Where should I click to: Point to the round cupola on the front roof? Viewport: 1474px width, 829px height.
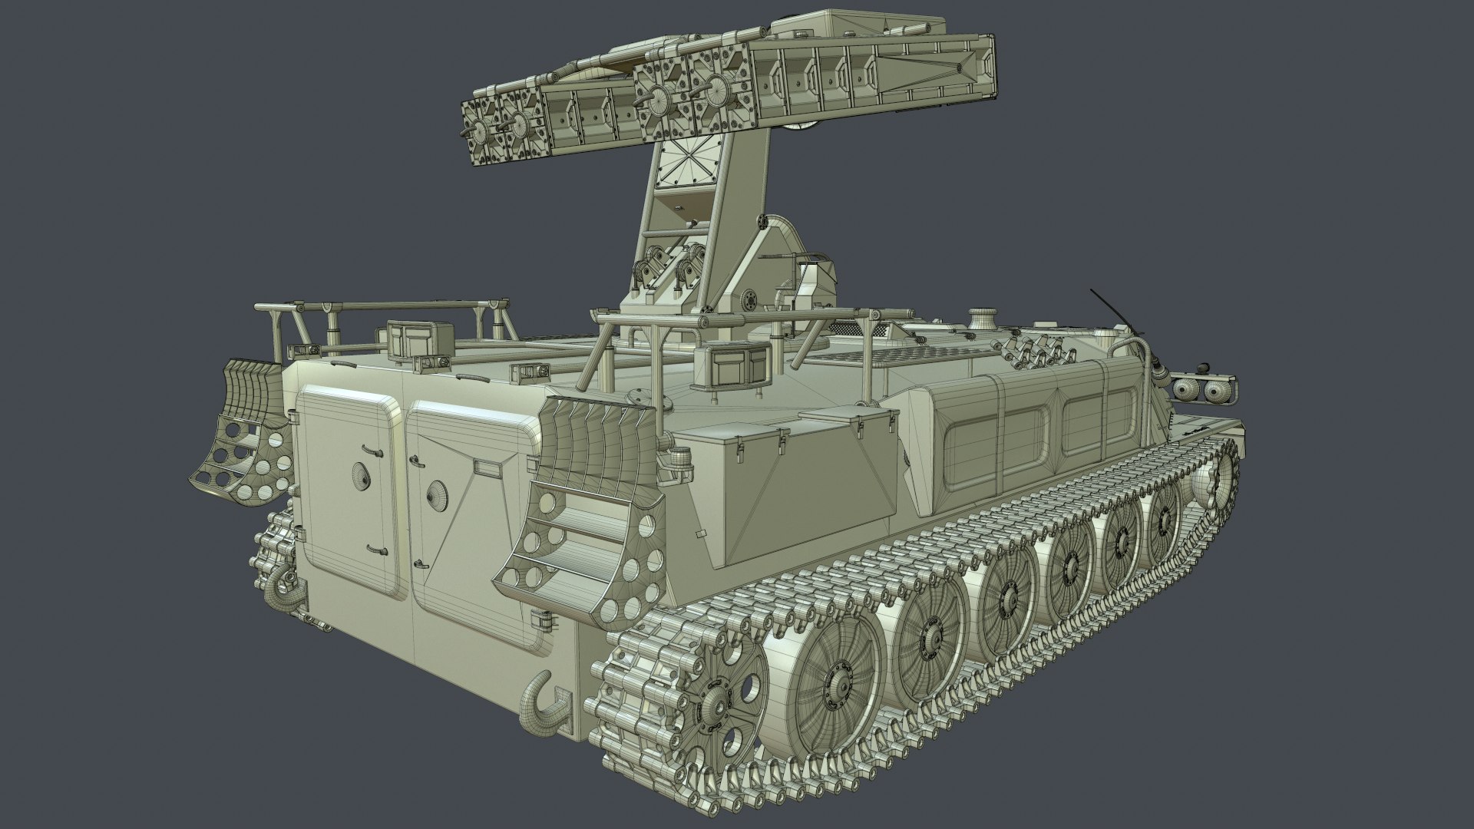point(983,317)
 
